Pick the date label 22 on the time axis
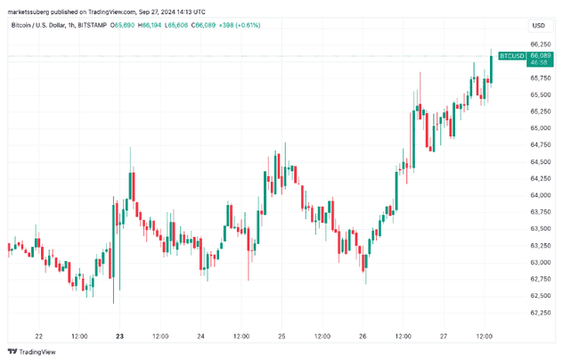click(x=38, y=336)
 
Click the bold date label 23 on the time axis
click(x=119, y=336)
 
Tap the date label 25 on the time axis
click(x=281, y=336)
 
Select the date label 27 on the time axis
click(x=444, y=336)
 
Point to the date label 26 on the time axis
click(x=363, y=336)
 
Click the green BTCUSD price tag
click(x=511, y=55)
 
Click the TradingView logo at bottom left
click(x=33, y=351)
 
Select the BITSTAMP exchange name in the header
click(x=93, y=25)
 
